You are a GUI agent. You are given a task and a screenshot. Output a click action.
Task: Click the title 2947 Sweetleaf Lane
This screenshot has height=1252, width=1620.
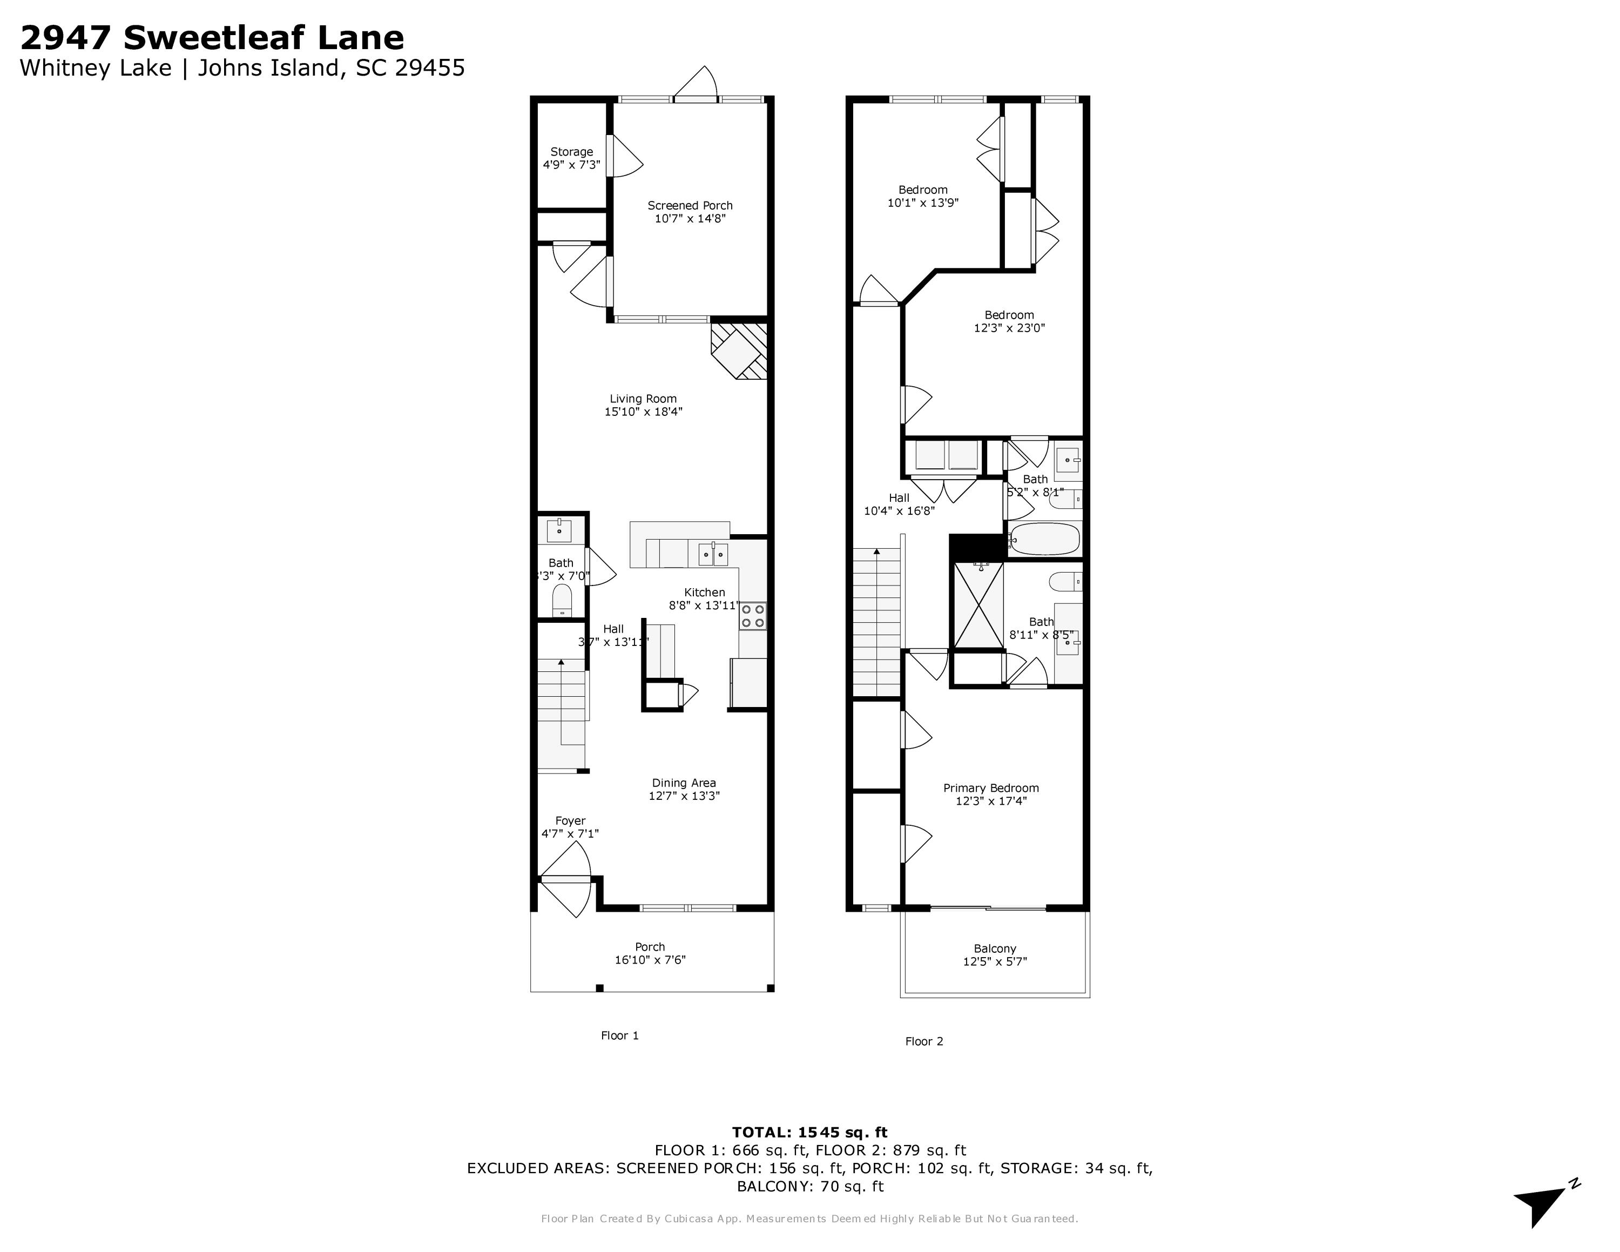pos(212,37)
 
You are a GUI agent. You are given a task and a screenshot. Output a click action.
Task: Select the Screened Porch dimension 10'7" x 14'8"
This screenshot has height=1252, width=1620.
pos(690,219)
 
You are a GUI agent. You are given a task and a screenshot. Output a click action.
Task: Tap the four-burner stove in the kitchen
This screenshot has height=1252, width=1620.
pos(753,616)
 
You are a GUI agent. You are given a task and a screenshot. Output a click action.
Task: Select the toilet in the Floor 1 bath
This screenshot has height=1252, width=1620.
pos(562,598)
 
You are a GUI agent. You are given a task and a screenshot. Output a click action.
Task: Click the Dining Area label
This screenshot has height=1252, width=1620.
pos(684,783)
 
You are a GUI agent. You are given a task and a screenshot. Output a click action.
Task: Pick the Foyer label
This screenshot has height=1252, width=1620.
pos(570,821)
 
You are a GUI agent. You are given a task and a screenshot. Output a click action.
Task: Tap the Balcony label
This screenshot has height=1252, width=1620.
pos(995,948)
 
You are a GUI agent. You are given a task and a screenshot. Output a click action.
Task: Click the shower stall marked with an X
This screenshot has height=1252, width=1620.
pos(978,604)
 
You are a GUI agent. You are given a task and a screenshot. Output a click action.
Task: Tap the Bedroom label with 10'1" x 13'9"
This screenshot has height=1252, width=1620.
pos(923,190)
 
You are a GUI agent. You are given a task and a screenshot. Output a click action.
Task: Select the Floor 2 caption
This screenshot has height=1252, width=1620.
pos(924,1041)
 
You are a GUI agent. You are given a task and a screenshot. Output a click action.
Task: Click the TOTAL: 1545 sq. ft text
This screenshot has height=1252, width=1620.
pos(809,1133)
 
